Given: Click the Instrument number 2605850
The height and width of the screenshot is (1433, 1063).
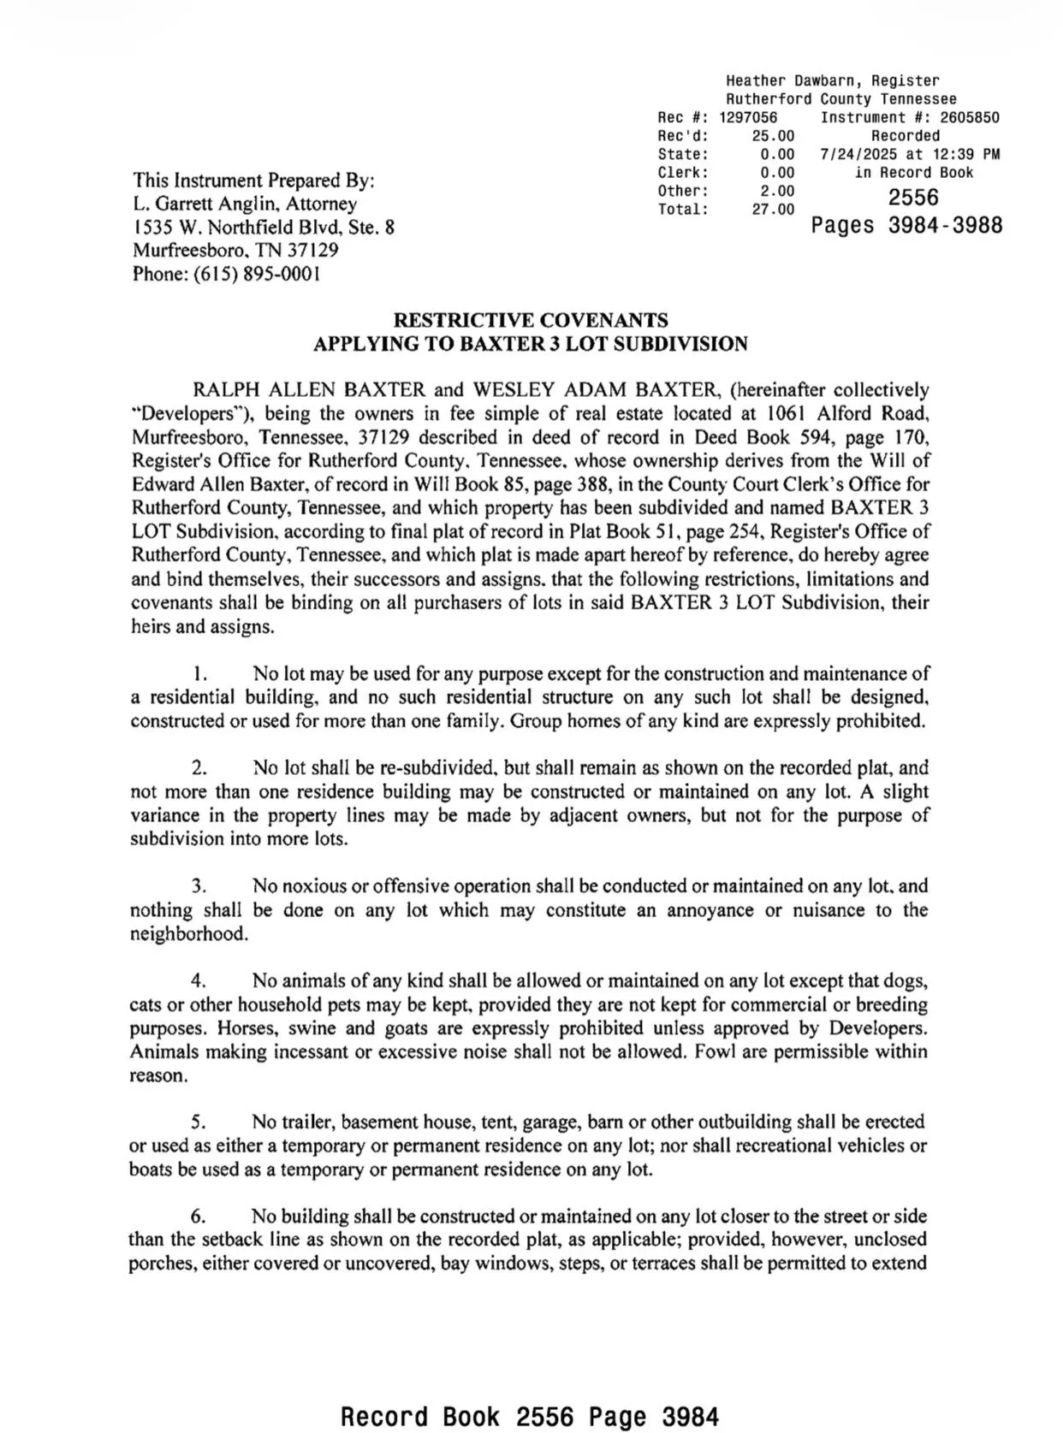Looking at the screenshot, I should [x=965, y=117].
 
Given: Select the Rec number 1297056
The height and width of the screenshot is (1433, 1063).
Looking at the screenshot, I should [x=748, y=117].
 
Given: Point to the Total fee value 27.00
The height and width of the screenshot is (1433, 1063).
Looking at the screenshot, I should [x=773, y=210].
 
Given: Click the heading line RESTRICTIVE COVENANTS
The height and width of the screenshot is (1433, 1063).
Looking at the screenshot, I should [x=530, y=321].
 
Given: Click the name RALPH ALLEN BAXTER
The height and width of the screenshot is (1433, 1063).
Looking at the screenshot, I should [x=309, y=390].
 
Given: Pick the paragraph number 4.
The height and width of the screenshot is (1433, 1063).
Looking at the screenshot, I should [x=198, y=980].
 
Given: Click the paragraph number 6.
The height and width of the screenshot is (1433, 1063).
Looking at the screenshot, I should [x=198, y=1216].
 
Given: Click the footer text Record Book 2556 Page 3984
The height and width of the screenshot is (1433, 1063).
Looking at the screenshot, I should [x=530, y=1416].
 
